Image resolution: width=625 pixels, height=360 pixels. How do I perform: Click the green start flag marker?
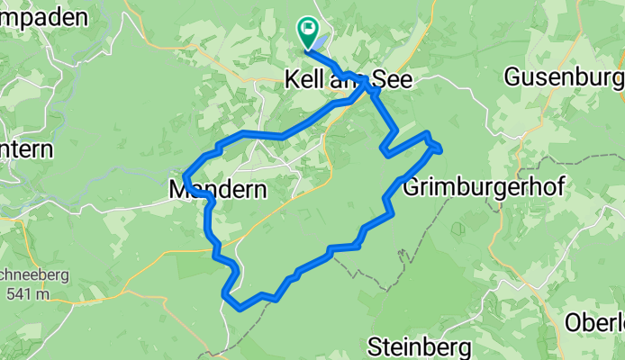coord(308,35)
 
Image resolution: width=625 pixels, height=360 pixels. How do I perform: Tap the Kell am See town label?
coord(348,79)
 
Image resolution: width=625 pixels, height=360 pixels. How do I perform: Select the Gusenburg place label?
coord(563,77)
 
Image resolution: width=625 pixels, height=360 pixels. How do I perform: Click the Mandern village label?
coord(218,190)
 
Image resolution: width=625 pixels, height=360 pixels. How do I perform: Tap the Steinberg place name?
coord(421,346)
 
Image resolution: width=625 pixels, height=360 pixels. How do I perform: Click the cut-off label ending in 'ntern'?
coord(26,149)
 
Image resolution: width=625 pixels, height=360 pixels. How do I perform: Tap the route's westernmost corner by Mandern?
coord(185,174)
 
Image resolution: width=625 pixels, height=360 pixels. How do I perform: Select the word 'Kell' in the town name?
coord(302,79)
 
